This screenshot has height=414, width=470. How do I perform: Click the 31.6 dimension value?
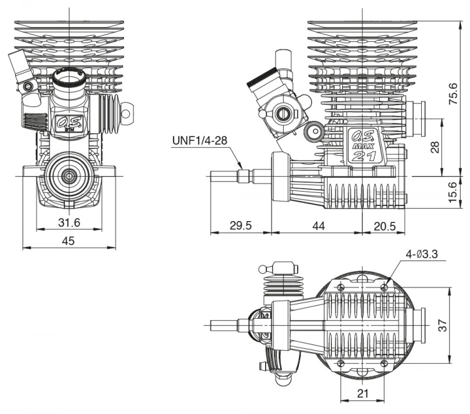pos(68,223)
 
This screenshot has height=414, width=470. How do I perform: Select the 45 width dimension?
pos(68,241)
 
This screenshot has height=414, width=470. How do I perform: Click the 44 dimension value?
pos(318,225)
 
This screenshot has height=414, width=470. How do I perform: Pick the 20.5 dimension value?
pos(384,225)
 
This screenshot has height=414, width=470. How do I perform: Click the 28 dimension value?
pos(435,146)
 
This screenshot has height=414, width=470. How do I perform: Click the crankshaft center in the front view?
pos(68,177)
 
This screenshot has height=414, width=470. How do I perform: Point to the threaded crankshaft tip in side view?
pos(226,177)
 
